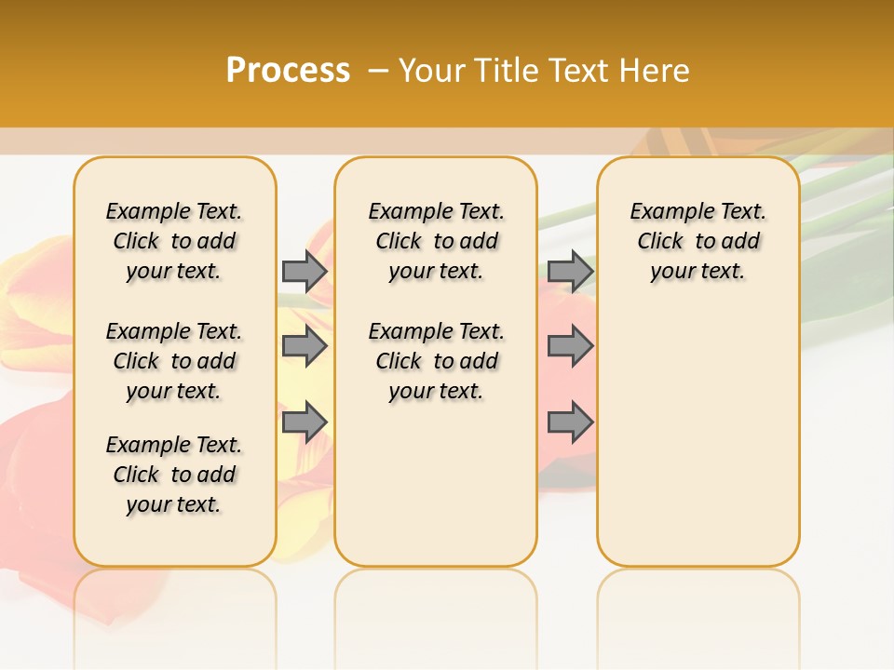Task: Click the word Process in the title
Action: coord(288,71)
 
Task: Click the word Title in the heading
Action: coord(506,71)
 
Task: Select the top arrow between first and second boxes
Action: coord(305,271)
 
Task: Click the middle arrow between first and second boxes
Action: coord(305,346)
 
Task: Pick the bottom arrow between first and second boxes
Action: coord(305,422)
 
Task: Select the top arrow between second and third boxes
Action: coord(570,271)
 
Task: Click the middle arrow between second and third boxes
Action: coord(570,346)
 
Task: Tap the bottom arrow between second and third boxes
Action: coord(570,422)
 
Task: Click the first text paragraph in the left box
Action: coord(174,241)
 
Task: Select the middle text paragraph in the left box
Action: coord(174,361)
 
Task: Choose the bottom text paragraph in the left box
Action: coord(174,475)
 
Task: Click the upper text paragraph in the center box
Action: coord(436,241)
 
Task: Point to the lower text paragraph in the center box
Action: coord(436,361)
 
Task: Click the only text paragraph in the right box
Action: coord(698,241)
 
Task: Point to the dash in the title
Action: coord(377,71)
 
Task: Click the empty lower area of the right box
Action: coord(698,437)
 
